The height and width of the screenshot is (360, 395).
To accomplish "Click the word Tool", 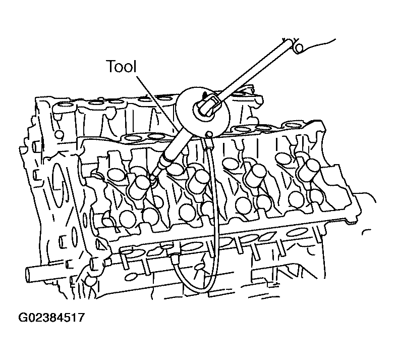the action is [122, 66].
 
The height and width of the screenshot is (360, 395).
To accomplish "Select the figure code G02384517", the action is [51, 318].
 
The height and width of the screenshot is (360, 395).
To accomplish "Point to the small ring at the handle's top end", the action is [299, 48].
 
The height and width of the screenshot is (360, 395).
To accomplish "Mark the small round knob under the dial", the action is [208, 134].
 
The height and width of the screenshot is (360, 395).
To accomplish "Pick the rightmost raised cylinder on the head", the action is [309, 170].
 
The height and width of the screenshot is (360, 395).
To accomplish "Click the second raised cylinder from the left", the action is [199, 180].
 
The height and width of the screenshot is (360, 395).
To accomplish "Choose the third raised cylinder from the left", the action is [256, 176].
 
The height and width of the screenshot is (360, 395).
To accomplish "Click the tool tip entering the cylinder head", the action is [153, 178].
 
